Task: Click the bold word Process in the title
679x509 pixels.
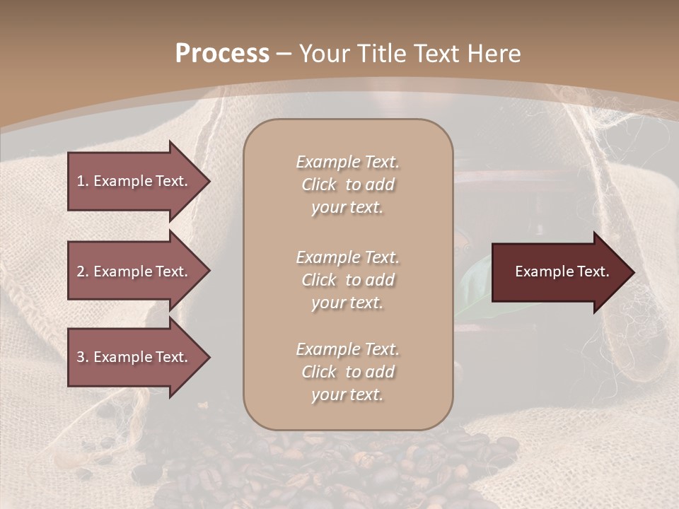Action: tap(222, 54)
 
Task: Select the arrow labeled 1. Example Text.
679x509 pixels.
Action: tap(134, 181)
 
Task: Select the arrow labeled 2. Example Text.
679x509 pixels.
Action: tap(134, 271)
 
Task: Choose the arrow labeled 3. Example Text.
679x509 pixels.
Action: tap(134, 357)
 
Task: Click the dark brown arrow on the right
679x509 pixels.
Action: tap(559, 271)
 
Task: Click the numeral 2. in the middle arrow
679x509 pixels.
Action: tap(83, 271)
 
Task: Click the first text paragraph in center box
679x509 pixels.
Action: tap(347, 185)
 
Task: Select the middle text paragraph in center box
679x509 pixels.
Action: tap(347, 280)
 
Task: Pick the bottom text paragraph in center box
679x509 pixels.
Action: tap(347, 372)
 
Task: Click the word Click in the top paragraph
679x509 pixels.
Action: tap(319, 185)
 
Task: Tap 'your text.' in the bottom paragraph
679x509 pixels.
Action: tap(347, 394)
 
